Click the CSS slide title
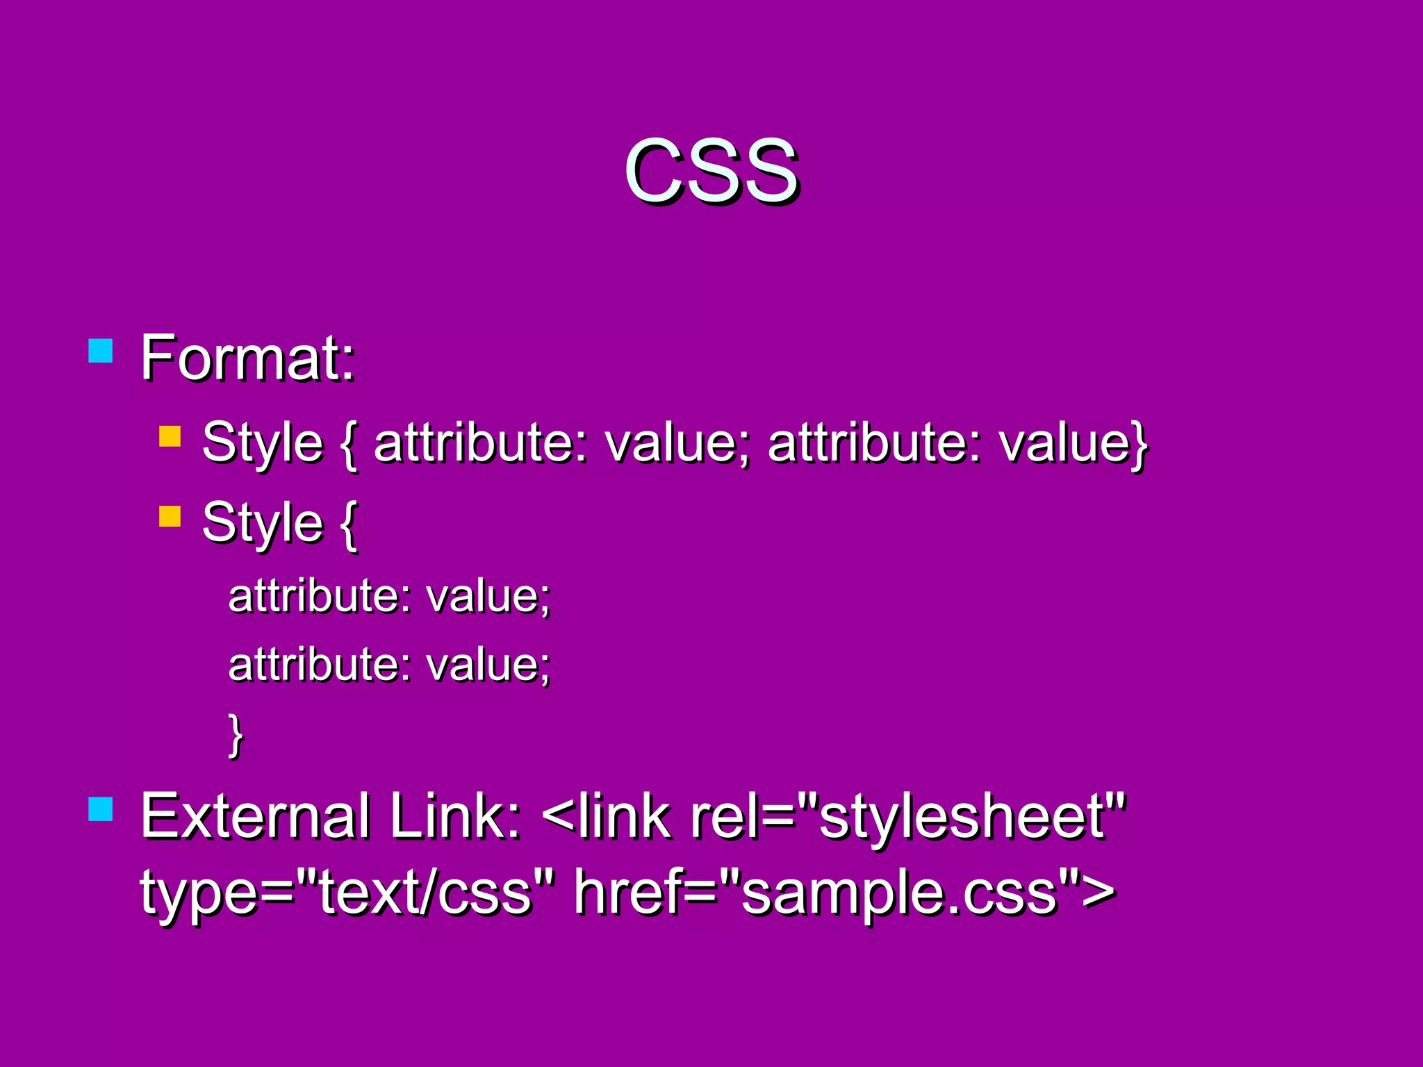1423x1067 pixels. (711, 171)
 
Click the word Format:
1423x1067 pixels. (248, 358)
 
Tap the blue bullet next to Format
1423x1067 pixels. (101, 351)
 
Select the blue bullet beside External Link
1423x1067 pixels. (101, 809)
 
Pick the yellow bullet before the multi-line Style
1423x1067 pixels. (170, 516)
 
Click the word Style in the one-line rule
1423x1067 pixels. (263, 443)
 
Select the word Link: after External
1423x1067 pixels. (455, 817)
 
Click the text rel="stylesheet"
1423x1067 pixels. (907, 817)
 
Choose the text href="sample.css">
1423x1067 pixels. (844, 893)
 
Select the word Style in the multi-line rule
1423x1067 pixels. (263, 522)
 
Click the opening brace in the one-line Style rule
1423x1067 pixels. (349, 445)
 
